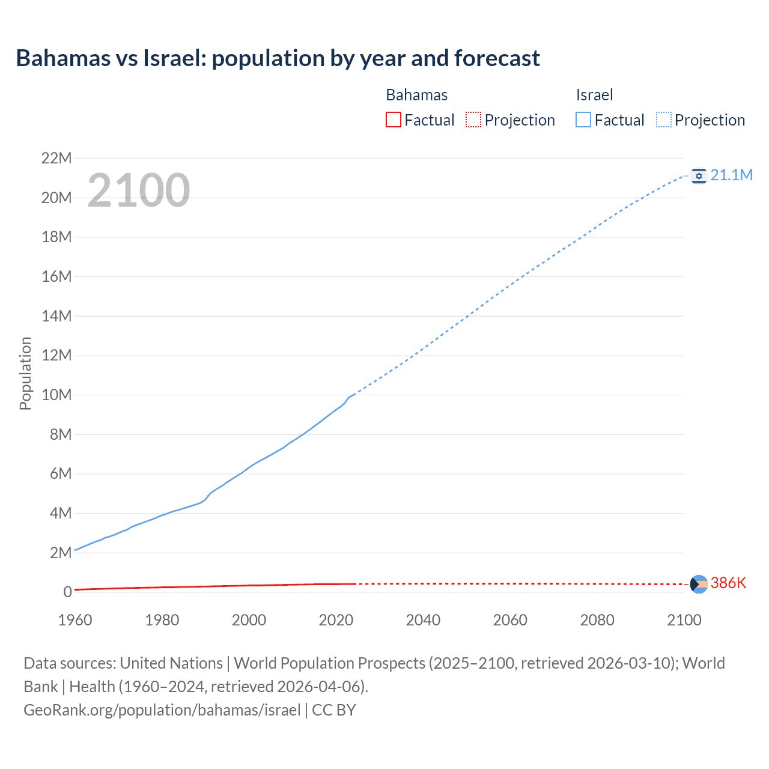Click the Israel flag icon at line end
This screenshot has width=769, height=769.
699,175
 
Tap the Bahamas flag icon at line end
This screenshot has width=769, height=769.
699,584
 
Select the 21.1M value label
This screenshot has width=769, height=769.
731,175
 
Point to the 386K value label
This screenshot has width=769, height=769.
728,583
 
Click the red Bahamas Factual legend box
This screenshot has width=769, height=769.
393,120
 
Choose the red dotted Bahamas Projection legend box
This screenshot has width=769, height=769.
473,120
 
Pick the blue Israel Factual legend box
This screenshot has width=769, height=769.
583,120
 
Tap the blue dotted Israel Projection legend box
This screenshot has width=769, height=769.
664,120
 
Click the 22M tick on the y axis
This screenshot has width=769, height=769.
56,158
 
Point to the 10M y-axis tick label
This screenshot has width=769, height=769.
56,395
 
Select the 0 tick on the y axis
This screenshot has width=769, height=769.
67,592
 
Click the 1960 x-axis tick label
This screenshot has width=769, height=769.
75,620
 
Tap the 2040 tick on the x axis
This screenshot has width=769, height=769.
423,620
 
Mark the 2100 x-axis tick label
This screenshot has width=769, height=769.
684,620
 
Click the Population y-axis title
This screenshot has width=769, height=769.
25,373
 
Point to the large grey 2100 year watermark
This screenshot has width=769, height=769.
139,190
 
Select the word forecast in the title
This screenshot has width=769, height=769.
497,58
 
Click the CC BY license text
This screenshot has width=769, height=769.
334,710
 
